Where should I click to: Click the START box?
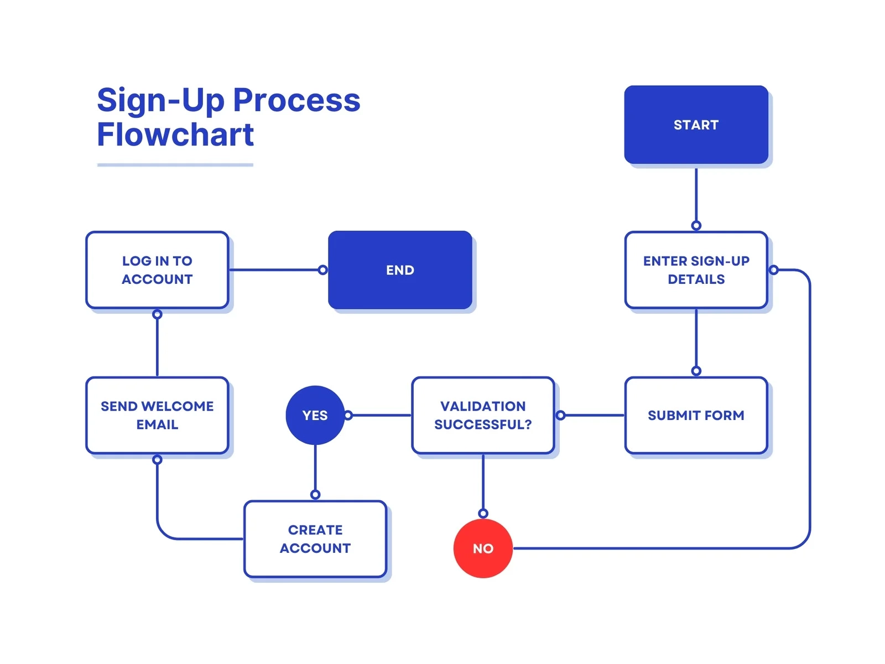click(x=696, y=124)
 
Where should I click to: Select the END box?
click(x=400, y=270)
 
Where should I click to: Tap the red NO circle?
click(x=483, y=548)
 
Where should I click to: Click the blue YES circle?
click(x=315, y=415)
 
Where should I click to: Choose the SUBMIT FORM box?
click(x=696, y=415)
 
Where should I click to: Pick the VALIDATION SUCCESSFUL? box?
click(x=483, y=415)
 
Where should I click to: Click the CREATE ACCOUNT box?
click(x=315, y=539)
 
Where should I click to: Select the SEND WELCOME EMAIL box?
click(x=157, y=415)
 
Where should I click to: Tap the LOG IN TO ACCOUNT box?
click(x=157, y=270)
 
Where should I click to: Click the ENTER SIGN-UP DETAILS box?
click(x=696, y=270)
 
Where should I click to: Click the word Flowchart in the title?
click(x=175, y=134)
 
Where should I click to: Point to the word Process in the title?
click(x=296, y=100)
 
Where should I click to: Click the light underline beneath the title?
click(x=175, y=165)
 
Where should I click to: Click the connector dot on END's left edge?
click(x=323, y=270)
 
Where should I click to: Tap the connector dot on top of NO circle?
click(x=483, y=513)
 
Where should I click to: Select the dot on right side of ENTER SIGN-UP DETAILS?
click(x=774, y=270)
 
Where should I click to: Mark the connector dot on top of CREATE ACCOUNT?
click(x=315, y=495)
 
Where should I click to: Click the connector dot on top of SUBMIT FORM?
click(x=696, y=371)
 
